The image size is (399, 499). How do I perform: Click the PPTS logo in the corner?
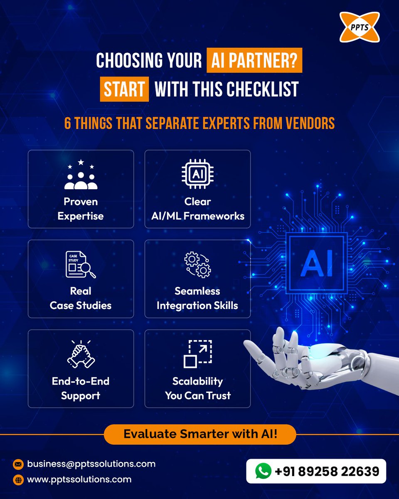(x=360, y=27)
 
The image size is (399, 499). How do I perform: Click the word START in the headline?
(x=124, y=90)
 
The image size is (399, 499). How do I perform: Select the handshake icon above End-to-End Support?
(x=81, y=354)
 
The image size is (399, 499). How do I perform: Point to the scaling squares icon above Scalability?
(x=198, y=354)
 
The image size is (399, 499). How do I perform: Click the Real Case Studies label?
(x=81, y=298)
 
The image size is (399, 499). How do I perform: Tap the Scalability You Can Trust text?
(x=198, y=388)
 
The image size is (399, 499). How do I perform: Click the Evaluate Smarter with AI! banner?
(x=200, y=435)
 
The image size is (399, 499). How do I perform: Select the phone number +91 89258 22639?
(x=327, y=471)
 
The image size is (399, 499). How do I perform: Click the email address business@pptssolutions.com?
(x=91, y=464)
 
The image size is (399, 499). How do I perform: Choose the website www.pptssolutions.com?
(x=79, y=479)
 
